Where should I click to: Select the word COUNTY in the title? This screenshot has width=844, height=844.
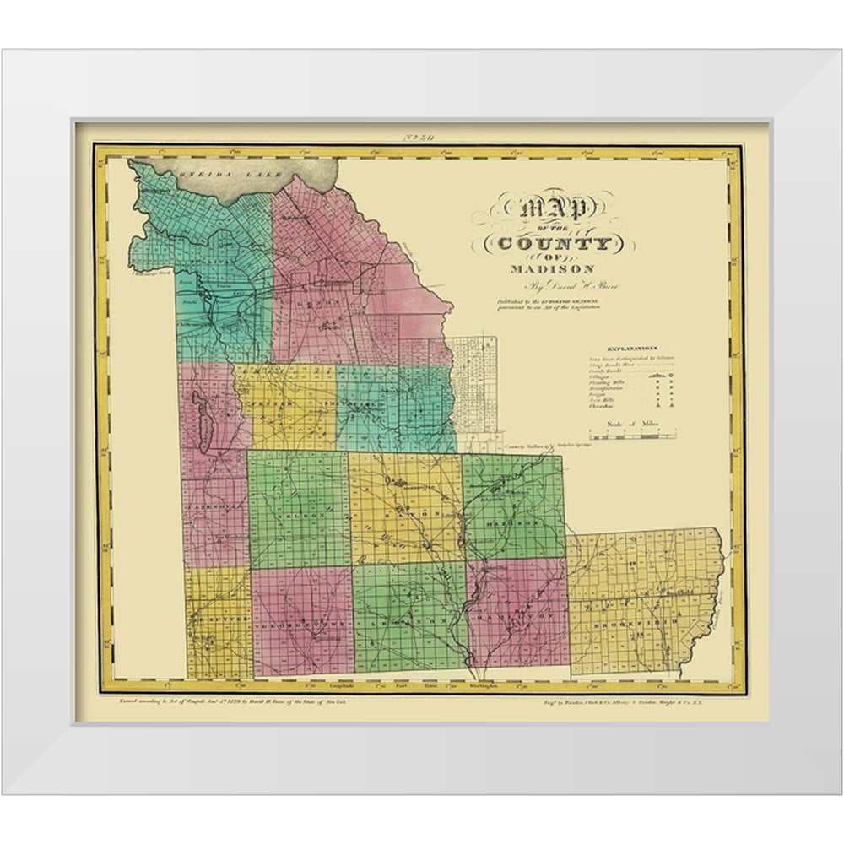[x=555, y=245]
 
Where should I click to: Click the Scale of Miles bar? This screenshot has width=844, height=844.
[x=632, y=436]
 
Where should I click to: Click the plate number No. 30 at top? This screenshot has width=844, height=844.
[x=420, y=137]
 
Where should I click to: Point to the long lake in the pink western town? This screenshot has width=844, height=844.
[x=203, y=420]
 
